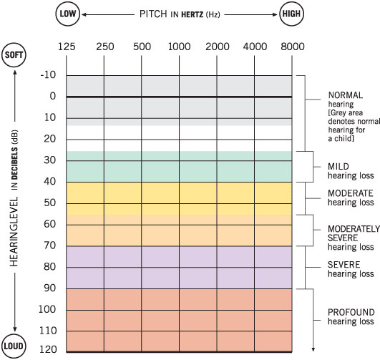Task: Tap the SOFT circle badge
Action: pyautogui.click(x=15, y=56)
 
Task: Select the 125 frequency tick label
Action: pyautogui.click(x=67, y=47)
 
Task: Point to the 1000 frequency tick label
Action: pyautogui.click(x=179, y=47)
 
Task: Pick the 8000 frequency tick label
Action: pyautogui.click(x=292, y=47)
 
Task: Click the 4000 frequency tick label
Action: pyautogui.click(x=254, y=47)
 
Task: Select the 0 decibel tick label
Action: pyautogui.click(x=52, y=97)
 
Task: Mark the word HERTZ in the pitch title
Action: pyautogui.click(x=195, y=14)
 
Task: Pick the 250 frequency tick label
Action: pyautogui.click(x=104, y=47)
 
